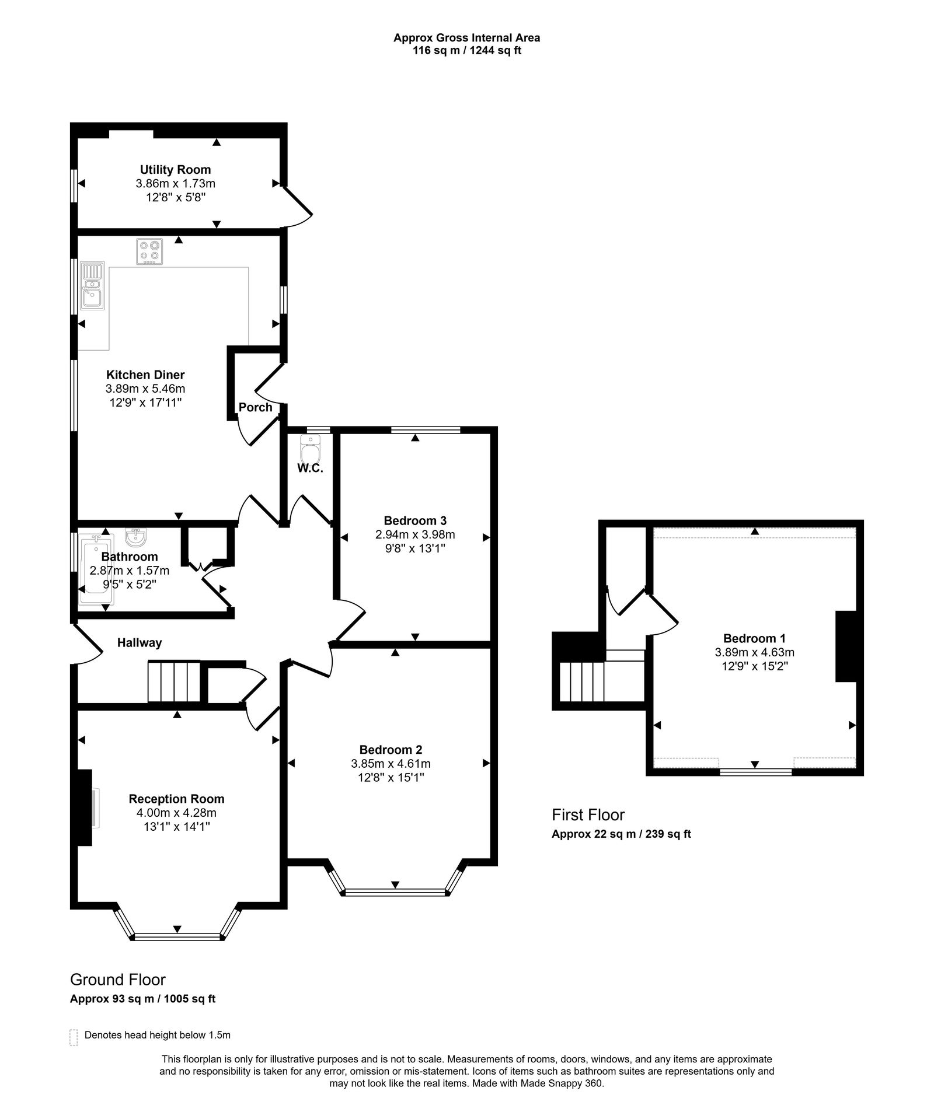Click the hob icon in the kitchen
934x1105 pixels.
[x=149, y=251]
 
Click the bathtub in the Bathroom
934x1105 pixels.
[x=93, y=569]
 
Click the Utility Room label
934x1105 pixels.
[x=175, y=170]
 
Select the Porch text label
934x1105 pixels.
[x=255, y=407]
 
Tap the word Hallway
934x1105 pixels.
[x=140, y=643]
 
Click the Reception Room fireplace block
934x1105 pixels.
[x=84, y=807]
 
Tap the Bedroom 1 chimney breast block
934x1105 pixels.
[x=845, y=646]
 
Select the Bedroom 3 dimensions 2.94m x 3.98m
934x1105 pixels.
[x=415, y=534]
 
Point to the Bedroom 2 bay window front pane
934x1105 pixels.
[x=395, y=892]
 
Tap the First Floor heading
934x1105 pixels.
[x=588, y=815]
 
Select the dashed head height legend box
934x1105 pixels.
[x=74, y=1037]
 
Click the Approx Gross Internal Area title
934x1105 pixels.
[x=466, y=38]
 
